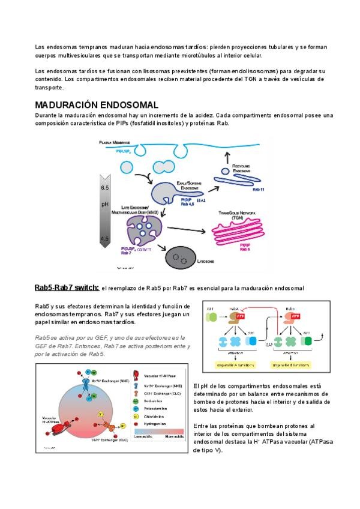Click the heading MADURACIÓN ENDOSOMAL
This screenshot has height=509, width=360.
(96, 104)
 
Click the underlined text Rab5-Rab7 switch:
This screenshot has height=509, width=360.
(67, 288)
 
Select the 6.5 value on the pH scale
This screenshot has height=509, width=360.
(104, 188)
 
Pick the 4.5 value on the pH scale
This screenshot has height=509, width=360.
(104, 239)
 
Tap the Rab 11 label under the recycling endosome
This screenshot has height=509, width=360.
(258, 189)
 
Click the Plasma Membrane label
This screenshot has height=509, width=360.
(115, 142)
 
